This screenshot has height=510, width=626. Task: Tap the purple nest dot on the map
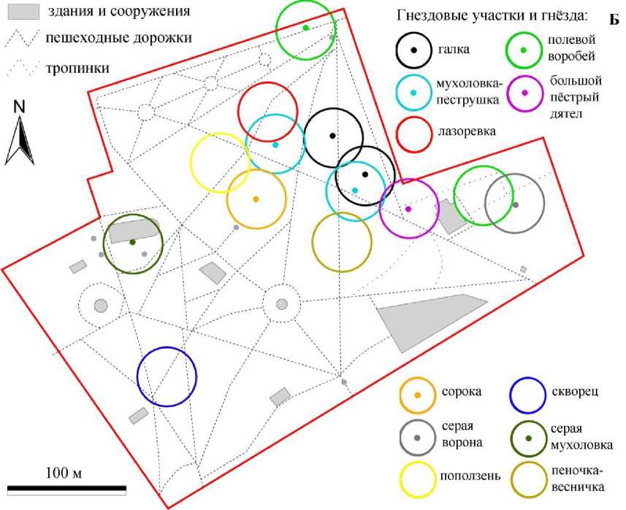pos(408,209)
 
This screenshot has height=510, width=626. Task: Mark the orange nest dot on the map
pos(256,199)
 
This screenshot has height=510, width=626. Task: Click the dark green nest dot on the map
pos(132,242)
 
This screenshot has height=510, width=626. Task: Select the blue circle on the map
pos(167,376)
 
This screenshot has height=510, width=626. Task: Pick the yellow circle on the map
pos(220,163)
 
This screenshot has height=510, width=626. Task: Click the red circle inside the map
pos(268,111)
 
